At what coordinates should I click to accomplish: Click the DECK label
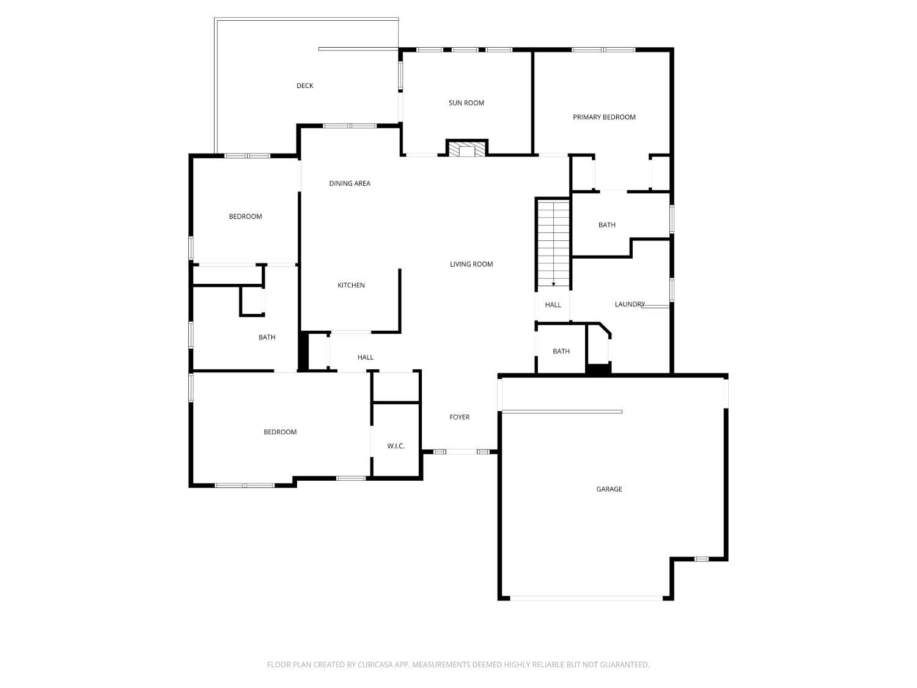pos(304,86)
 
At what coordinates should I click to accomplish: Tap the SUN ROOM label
pos(466,103)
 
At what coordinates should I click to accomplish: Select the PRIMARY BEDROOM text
pos(604,117)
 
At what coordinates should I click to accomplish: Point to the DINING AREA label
pos(350,183)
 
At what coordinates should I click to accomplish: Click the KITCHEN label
pos(351,286)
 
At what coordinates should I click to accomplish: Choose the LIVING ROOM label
pos(471,264)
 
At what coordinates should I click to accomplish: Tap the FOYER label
pos(460,417)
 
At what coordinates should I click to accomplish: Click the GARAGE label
pos(609,489)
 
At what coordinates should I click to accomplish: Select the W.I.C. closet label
pos(396,446)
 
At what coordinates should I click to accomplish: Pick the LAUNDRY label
pos(630,304)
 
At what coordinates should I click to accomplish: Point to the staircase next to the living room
pos(553,243)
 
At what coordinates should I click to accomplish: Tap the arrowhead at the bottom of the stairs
pos(553,284)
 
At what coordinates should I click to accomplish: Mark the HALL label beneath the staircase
pos(553,305)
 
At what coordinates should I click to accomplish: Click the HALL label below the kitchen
pos(365,357)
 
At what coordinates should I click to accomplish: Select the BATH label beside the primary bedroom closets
pos(606,225)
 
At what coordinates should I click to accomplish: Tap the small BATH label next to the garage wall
pos(561,351)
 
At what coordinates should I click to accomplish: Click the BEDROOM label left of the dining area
pos(245,216)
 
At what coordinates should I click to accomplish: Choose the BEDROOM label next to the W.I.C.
pos(280,432)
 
